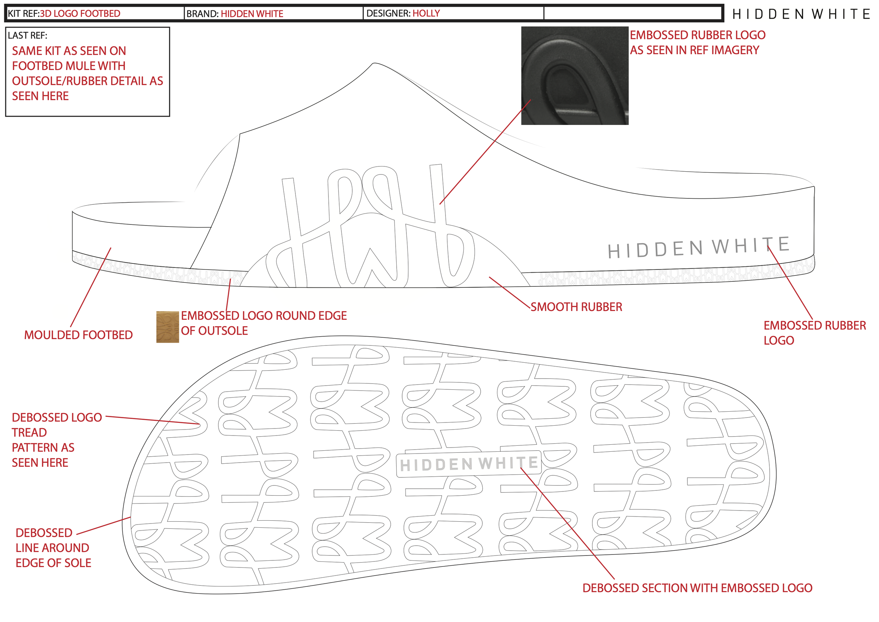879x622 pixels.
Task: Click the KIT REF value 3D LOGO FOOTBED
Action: pyautogui.click(x=80, y=14)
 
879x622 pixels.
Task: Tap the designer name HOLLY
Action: pyautogui.click(x=426, y=13)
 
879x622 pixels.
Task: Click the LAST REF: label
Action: pyautogui.click(x=27, y=36)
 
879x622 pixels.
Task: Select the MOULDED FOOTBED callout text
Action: pyautogui.click(x=78, y=335)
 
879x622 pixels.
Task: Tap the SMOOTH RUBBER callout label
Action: pyautogui.click(x=576, y=307)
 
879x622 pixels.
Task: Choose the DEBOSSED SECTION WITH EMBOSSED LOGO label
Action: pyautogui.click(x=697, y=588)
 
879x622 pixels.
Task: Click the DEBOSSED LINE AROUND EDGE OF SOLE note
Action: pyautogui.click(x=53, y=548)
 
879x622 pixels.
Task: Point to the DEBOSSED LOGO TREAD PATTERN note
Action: pyautogui.click(x=57, y=440)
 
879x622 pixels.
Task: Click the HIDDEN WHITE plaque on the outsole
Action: pyautogui.click(x=468, y=464)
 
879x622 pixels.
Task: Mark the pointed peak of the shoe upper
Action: pyautogui.click(x=374, y=64)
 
